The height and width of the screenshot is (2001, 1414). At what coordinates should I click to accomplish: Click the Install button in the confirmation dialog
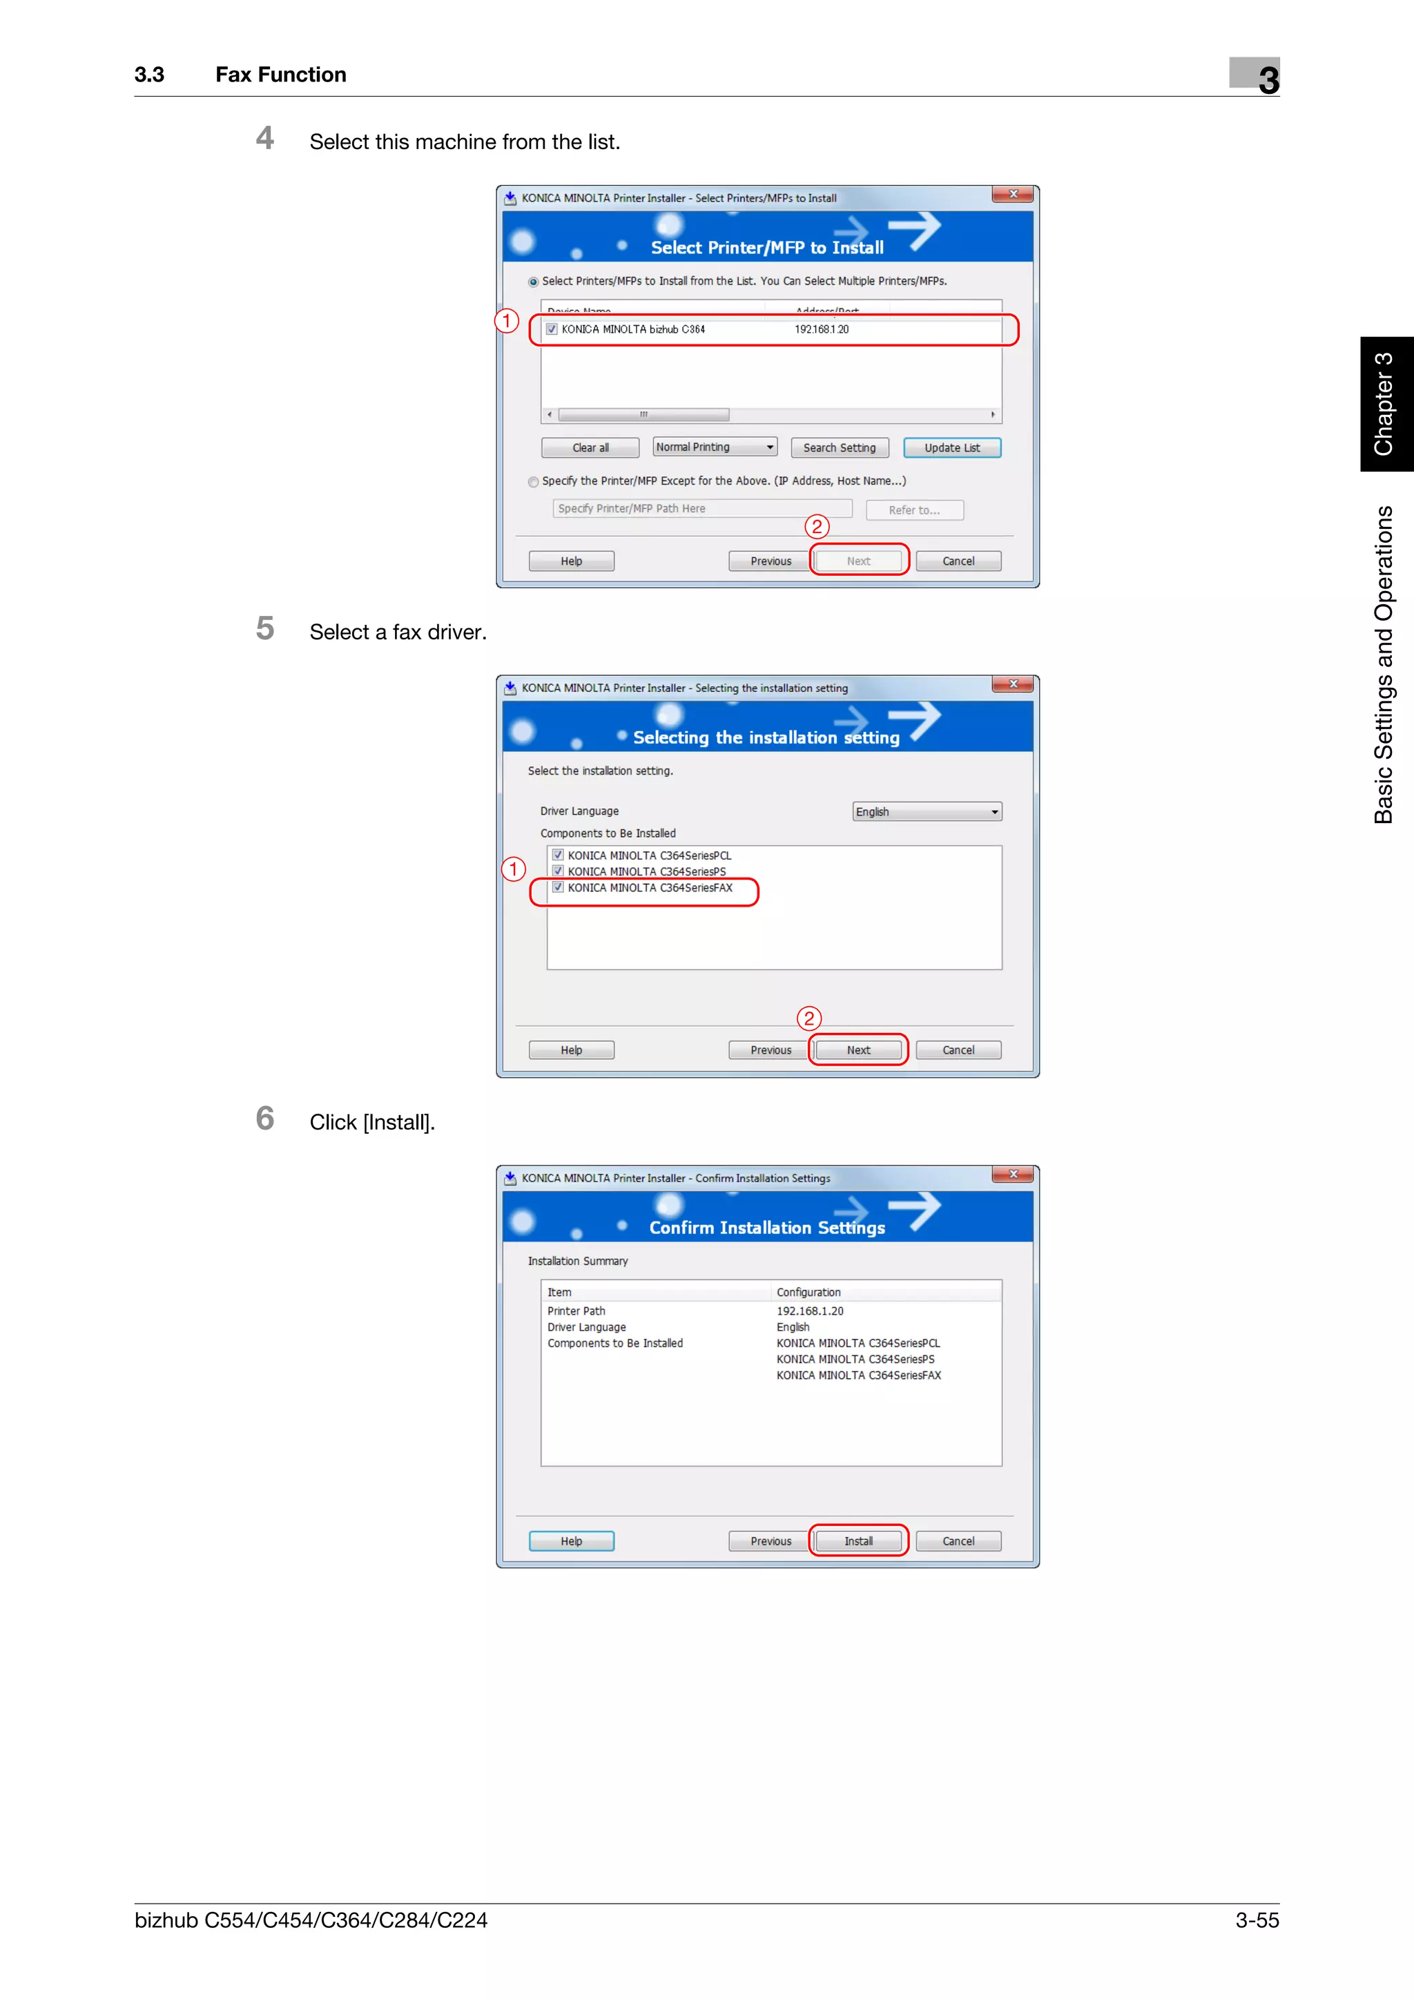click(858, 1541)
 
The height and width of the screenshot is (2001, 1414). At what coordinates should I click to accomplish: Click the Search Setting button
click(839, 448)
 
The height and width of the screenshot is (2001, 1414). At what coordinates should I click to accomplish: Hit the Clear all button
click(590, 448)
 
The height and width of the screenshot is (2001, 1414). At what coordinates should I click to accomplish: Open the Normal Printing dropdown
click(715, 447)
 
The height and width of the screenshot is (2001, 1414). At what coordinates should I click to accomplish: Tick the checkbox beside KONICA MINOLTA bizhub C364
click(552, 329)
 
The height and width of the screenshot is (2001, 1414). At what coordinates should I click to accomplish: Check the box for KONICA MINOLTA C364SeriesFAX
click(558, 888)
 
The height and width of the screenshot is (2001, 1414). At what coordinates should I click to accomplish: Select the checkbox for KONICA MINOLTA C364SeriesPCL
click(558, 855)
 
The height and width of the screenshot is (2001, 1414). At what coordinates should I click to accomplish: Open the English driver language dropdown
click(926, 811)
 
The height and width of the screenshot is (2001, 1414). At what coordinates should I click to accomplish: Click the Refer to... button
click(914, 510)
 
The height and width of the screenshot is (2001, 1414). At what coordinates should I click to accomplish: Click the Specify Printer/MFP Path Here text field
click(701, 508)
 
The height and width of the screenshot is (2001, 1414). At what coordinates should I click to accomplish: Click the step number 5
click(265, 629)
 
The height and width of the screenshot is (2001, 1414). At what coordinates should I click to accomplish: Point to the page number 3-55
click(1257, 1920)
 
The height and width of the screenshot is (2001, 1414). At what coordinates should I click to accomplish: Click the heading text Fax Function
click(280, 75)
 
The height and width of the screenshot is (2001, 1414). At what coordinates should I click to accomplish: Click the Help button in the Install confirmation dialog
click(571, 1541)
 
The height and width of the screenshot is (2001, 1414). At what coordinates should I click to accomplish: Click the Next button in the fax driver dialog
click(858, 1050)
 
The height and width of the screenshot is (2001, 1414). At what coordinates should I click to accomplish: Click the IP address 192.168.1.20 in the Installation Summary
click(809, 1311)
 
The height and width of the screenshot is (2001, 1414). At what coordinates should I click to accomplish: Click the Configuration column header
click(808, 1293)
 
